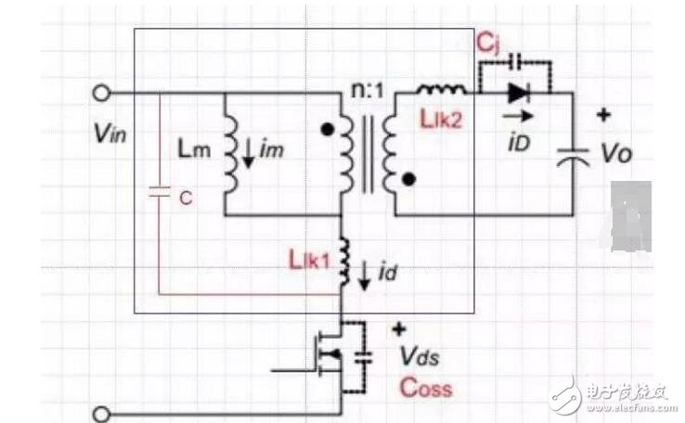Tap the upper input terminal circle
(x=102, y=93)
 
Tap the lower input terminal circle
(x=102, y=412)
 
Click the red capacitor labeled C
(x=159, y=195)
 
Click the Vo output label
(x=616, y=153)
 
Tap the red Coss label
(x=425, y=387)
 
